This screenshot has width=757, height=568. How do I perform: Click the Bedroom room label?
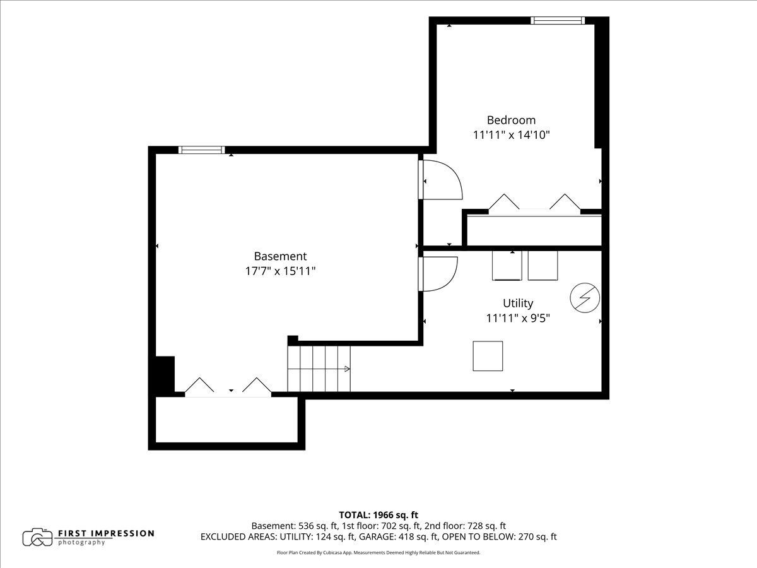[x=511, y=120]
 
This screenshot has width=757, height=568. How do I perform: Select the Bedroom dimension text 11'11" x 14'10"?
[x=511, y=135]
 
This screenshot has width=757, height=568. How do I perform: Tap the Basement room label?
[x=280, y=256]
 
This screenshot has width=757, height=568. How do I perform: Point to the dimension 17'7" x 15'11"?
[x=280, y=271]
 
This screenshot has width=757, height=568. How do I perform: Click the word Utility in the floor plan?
[x=518, y=303]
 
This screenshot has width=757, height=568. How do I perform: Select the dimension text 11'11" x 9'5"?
[x=518, y=318]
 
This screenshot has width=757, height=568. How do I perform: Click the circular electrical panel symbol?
[x=585, y=298]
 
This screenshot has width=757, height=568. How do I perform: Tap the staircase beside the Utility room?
[x=319, y=369]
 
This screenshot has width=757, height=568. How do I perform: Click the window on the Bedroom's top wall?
[x=558, y=20]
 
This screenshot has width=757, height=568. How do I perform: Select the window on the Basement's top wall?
[x=202, y=150]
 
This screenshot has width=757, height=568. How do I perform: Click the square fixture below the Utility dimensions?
[x=488, y=356]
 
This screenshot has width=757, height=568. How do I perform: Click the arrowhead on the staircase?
[x=348, y=369]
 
